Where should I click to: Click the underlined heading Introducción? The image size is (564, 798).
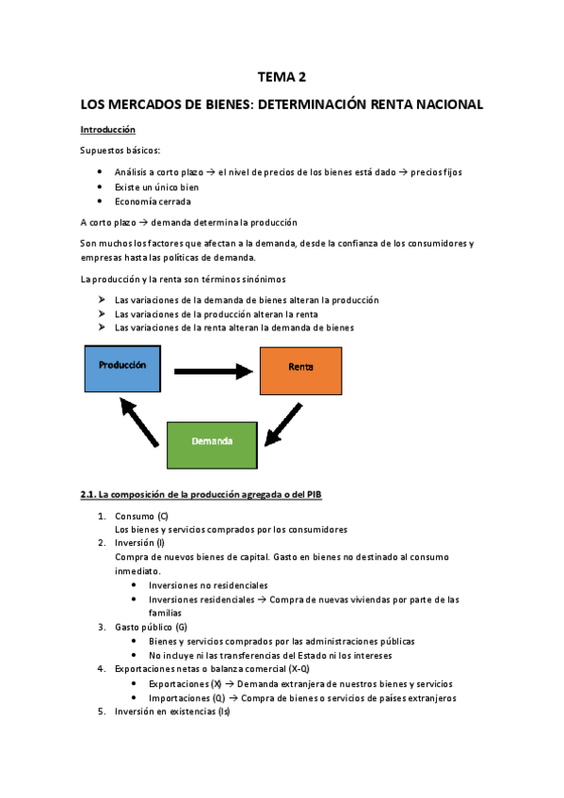point(108,129)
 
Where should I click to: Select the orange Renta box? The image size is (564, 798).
point(300,367)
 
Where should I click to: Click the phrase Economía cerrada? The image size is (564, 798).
point(153,201)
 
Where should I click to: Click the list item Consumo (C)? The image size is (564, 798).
point(141,516)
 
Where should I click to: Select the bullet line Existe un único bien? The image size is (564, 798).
point(156,187)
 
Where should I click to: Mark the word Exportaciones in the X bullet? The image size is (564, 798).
point(180,684)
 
